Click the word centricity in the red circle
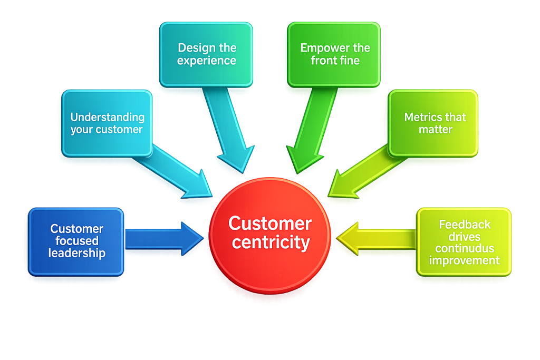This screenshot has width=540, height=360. tap(271, 242)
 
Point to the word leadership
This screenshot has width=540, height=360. tap(77, 253)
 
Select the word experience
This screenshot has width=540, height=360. tap(207, 61)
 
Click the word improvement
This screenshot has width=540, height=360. tap(465, 260)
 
